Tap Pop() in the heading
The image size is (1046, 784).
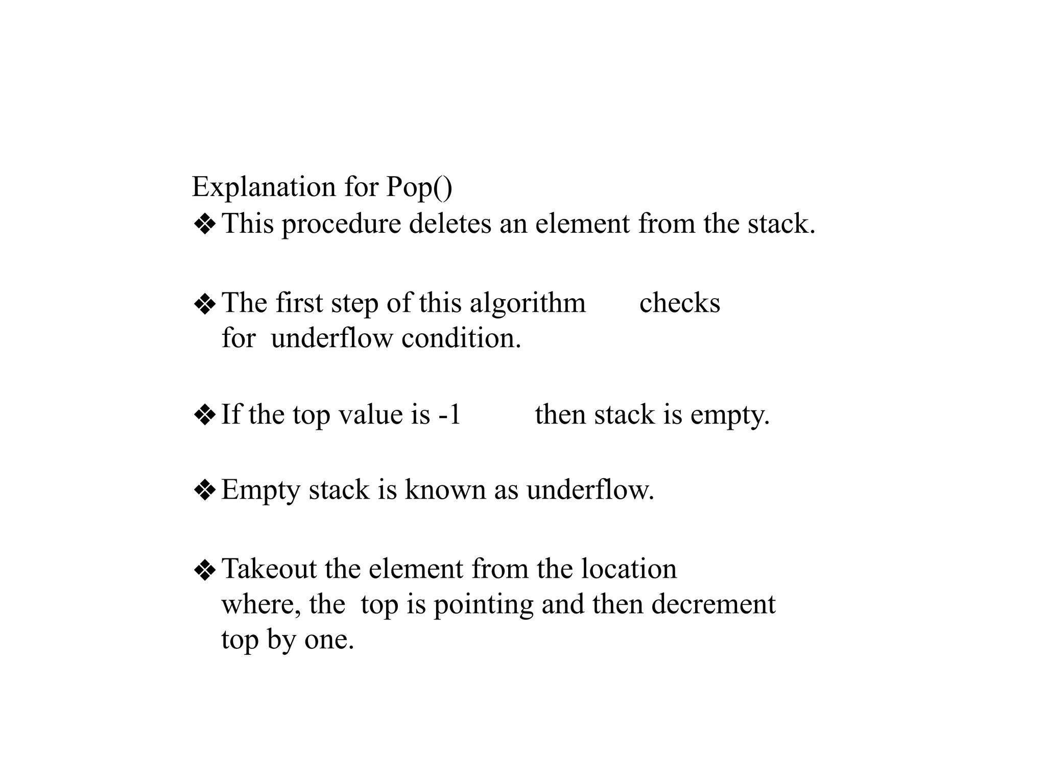pyautogui.click(x=419, y=187)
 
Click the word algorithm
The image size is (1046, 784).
pyautogui.click(x=528, y=304)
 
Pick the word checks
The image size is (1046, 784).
pyautogui.click(x=679, y=303)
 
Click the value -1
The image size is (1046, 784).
pyautogui.click(x=449, y=414)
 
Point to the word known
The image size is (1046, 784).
pyautogui.click(x=445, y=490)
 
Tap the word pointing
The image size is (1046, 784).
pyautogui.click(x=483, y=605)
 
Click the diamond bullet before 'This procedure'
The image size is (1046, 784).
pyautogui.click(x=205, y=225)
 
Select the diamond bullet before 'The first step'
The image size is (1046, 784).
pyautogui.click(x=205, y=304)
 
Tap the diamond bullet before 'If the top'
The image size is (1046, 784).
pyautogui.click(x=205, y=415)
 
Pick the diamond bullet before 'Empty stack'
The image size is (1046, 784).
pyautogui.click(x=205, y=491)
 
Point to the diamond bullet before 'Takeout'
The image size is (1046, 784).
pyautogui.click(x=205, y=570)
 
